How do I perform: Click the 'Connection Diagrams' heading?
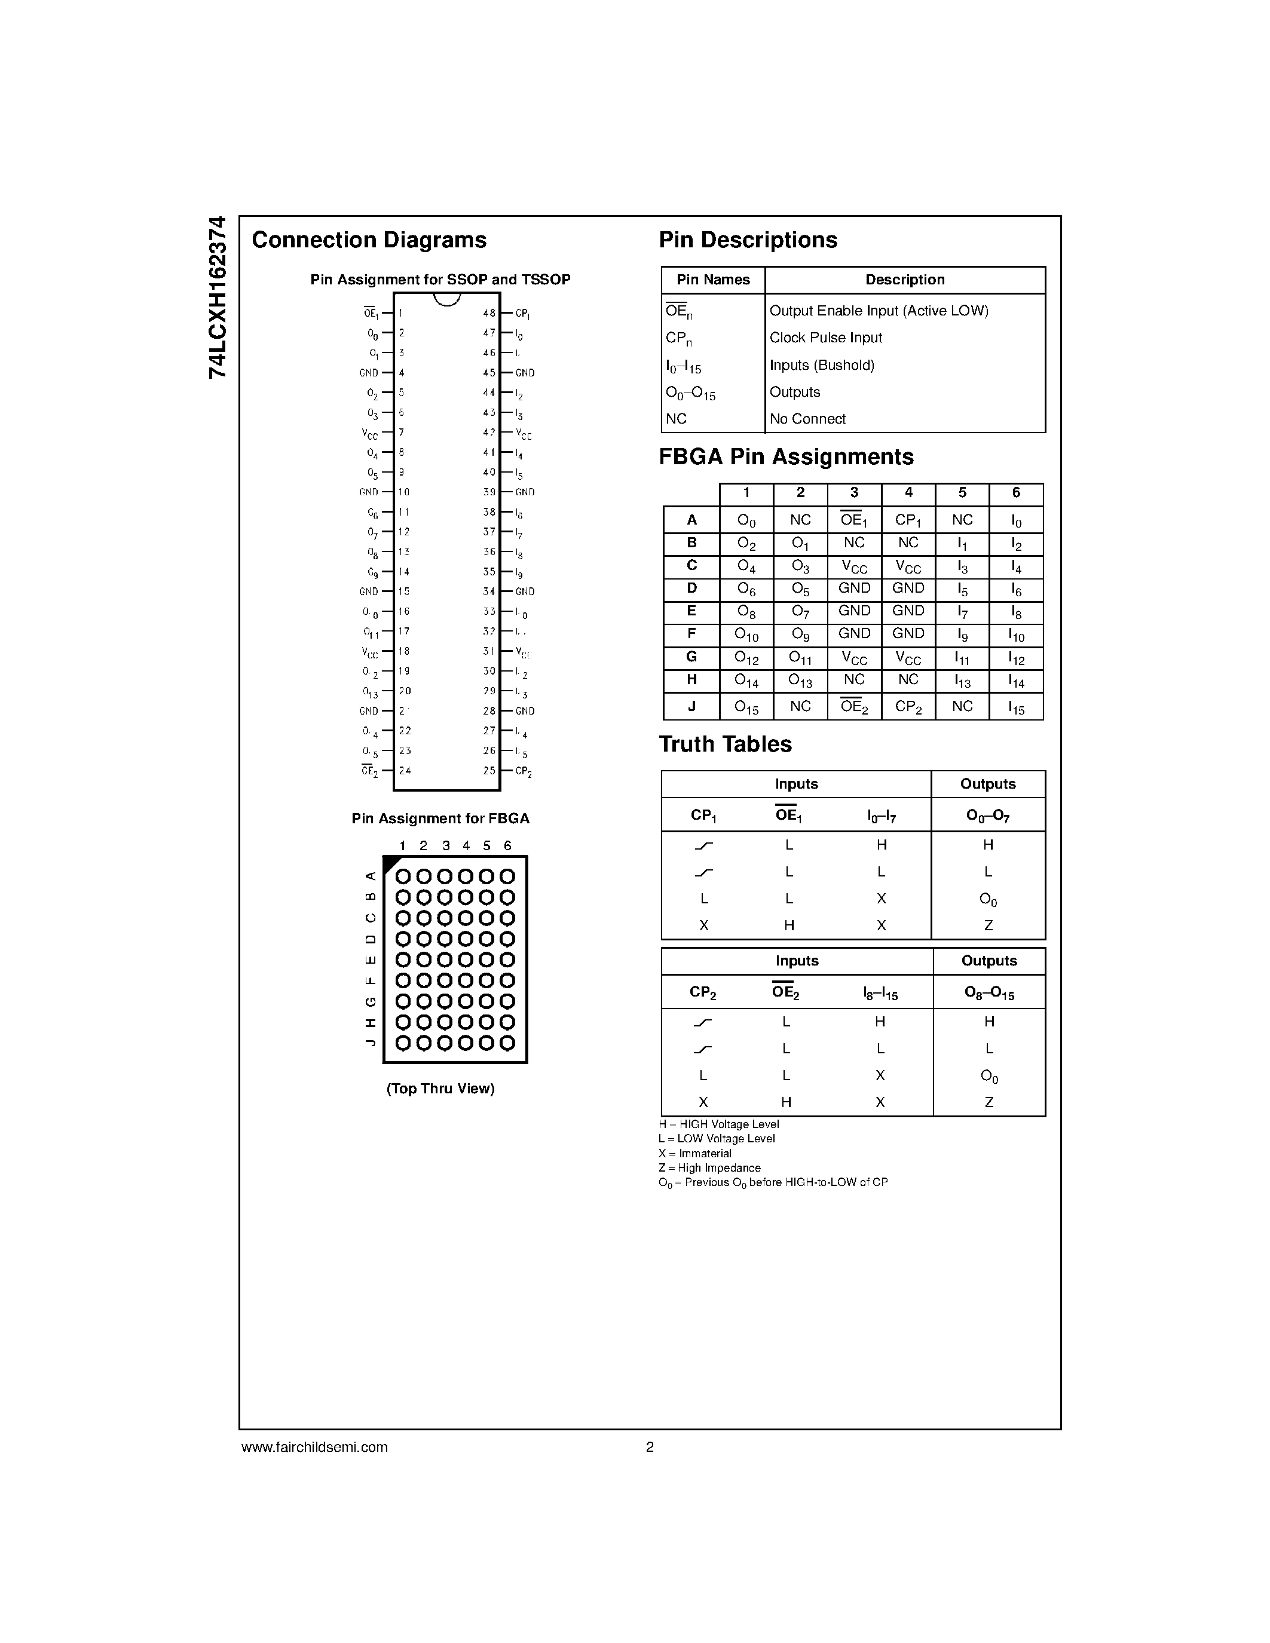tap(369, 240)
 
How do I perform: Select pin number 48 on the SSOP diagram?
tap(489, 313)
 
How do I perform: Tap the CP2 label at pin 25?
tap(524, 771)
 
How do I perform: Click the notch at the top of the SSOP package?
tap(447, 299)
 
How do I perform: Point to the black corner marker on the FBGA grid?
tap(390, 863)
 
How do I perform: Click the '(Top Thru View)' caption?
tap(440, 1089)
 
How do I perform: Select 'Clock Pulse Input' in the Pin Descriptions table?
tap(825, 338)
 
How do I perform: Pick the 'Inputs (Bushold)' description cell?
tap(822, 365)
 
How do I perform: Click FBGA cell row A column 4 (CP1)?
tap(908, 520)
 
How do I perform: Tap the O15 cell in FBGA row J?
tap(746, 707)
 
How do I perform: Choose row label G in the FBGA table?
tap(691, 657)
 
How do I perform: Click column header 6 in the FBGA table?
tap(1015, 493)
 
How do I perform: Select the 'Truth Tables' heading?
tap(726, 744)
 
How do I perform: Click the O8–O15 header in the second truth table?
tap(989, 993)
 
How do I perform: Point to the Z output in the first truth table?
tap(988, 926)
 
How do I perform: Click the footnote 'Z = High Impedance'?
tap(709, 1167)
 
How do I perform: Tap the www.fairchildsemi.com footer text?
tap(314, 1446)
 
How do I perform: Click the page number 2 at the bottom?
tap(649, 1446)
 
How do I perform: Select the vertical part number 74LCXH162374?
tap(218, 297)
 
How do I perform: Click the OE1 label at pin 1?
tap(370, 313)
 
